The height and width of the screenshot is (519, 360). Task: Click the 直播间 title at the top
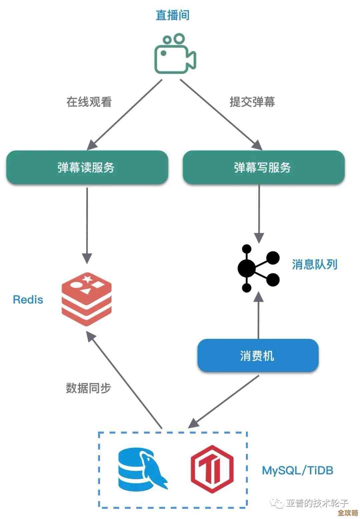tap(172, 15)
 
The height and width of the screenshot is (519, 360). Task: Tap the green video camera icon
tap(175, 54)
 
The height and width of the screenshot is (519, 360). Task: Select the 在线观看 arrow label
tap(89, 102)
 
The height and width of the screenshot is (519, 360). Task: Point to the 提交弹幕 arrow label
tap(252, 102)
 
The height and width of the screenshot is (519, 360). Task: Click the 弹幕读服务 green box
tap(87, 167)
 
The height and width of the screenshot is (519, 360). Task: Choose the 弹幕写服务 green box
tap(263, 167)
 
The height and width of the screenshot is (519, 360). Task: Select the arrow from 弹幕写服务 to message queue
tap(259, 213)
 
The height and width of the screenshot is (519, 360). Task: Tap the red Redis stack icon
tap(87, 299)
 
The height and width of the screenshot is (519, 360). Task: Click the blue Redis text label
tap(28, 300)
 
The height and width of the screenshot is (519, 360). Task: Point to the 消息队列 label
tap(314, 265)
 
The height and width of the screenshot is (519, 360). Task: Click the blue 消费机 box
tap(258, 356)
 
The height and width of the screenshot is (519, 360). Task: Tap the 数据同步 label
tap(88, 388)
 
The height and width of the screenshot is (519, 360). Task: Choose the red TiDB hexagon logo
tap(212, 469)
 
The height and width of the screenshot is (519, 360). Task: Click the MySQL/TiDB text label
tap(297, 470)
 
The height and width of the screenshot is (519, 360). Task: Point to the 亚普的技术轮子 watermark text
tap(317, 503)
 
